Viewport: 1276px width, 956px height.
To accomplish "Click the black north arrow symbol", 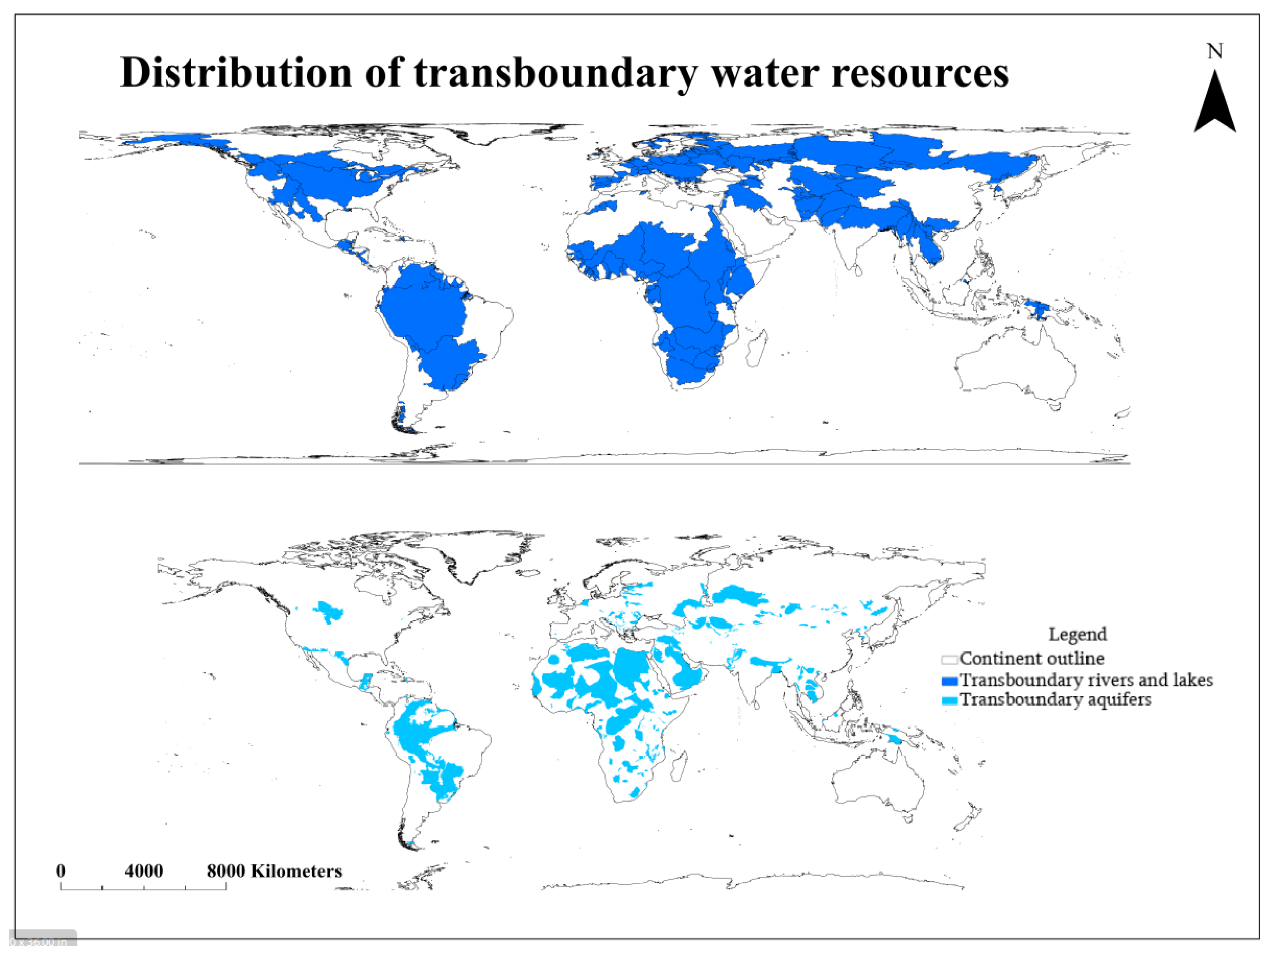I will point(1214,104).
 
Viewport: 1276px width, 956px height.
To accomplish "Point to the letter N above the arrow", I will point(1215,52).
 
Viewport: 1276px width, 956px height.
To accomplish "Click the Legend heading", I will point(1077,634).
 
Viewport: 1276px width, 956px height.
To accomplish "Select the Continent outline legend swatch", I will point(949,659).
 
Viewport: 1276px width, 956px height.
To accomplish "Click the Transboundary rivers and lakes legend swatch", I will point(949,681).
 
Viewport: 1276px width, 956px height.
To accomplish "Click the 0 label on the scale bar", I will point(61,871).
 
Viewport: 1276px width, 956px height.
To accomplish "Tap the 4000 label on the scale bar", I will point(144,871).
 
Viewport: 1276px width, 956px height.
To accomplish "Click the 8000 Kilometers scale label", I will point(274,871).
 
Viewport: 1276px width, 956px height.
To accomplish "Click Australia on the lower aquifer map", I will point(877,784).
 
